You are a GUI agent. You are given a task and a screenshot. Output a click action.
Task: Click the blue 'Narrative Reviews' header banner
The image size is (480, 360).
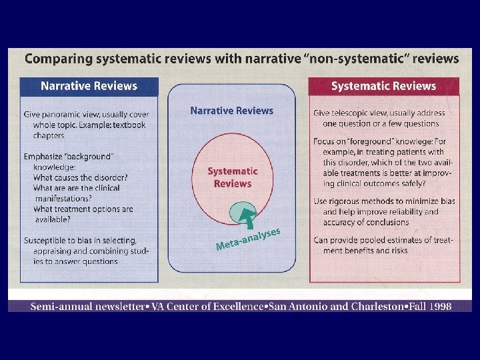tap(89, 86)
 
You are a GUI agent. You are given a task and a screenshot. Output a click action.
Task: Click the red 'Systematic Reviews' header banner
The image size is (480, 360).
tap(383, 86)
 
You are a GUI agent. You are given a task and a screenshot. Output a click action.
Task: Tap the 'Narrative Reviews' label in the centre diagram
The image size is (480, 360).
tap(231, 111)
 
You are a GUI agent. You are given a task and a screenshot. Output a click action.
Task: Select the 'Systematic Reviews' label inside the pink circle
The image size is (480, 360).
tap(232, 177)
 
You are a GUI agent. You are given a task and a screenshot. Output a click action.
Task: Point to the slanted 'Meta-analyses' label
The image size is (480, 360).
tap(247, 239)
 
